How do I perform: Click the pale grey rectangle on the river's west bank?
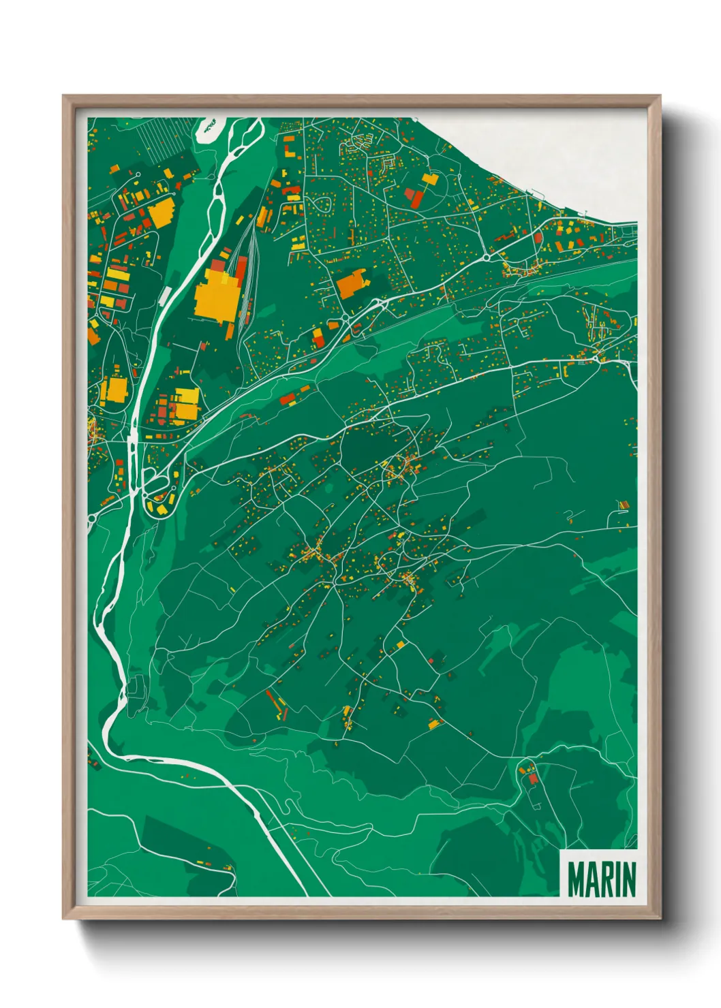tap(166, 295)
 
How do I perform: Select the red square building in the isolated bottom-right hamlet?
tap(533, 778)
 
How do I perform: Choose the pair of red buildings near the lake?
tap(414, 198)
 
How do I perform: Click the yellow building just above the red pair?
tap(429, 180)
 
